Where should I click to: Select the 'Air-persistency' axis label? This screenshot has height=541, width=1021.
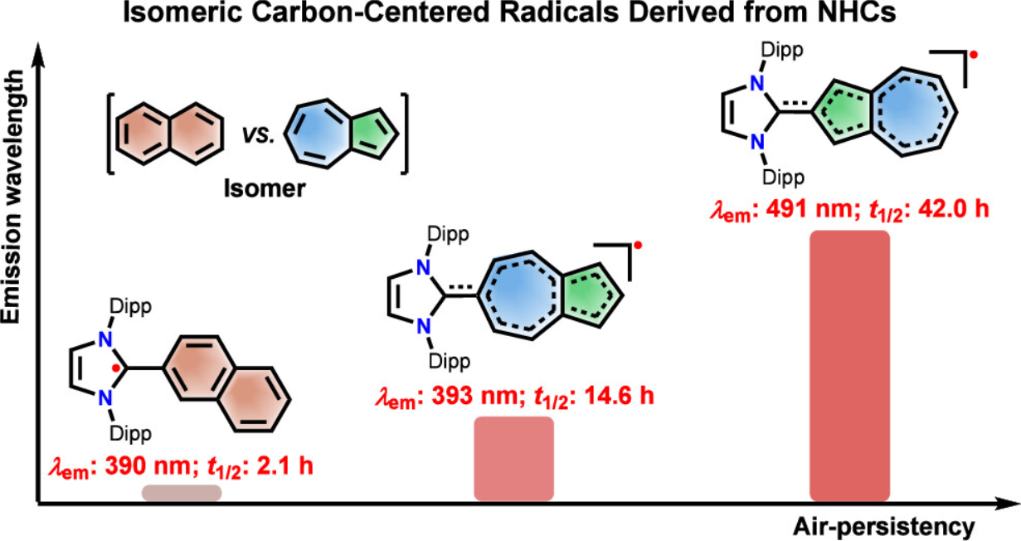(882, 524)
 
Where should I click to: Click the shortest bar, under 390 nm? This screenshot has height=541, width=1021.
(182, 492)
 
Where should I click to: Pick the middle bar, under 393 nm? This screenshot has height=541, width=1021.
(513, 459)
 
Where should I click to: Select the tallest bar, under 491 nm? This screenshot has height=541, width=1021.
(848, 366)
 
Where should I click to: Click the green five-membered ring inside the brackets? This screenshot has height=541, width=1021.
(372, 131)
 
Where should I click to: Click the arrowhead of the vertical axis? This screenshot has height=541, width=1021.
(37, 54)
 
